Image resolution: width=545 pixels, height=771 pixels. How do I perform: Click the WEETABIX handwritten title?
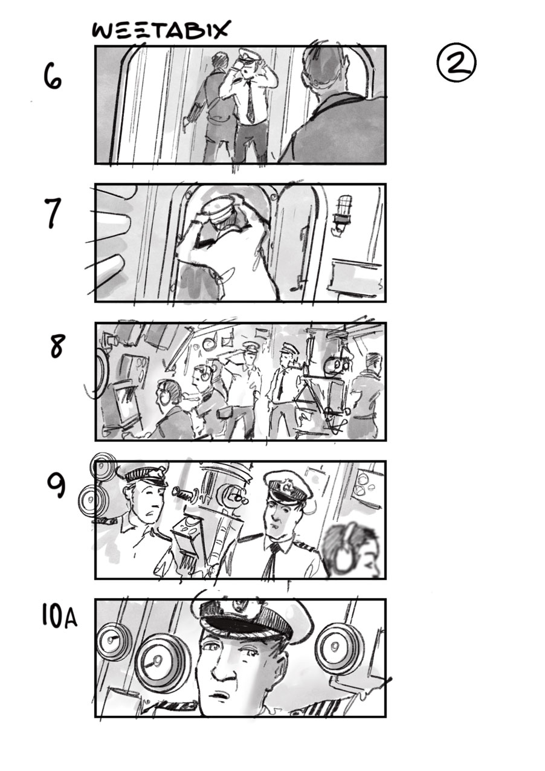click(x=160, y=31)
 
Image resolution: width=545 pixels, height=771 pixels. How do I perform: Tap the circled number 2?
click(x=457, y=63)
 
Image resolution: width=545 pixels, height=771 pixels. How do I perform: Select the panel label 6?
click(x=53, y=77)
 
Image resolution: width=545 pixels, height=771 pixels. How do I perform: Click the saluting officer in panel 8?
click(x=243, y=385)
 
